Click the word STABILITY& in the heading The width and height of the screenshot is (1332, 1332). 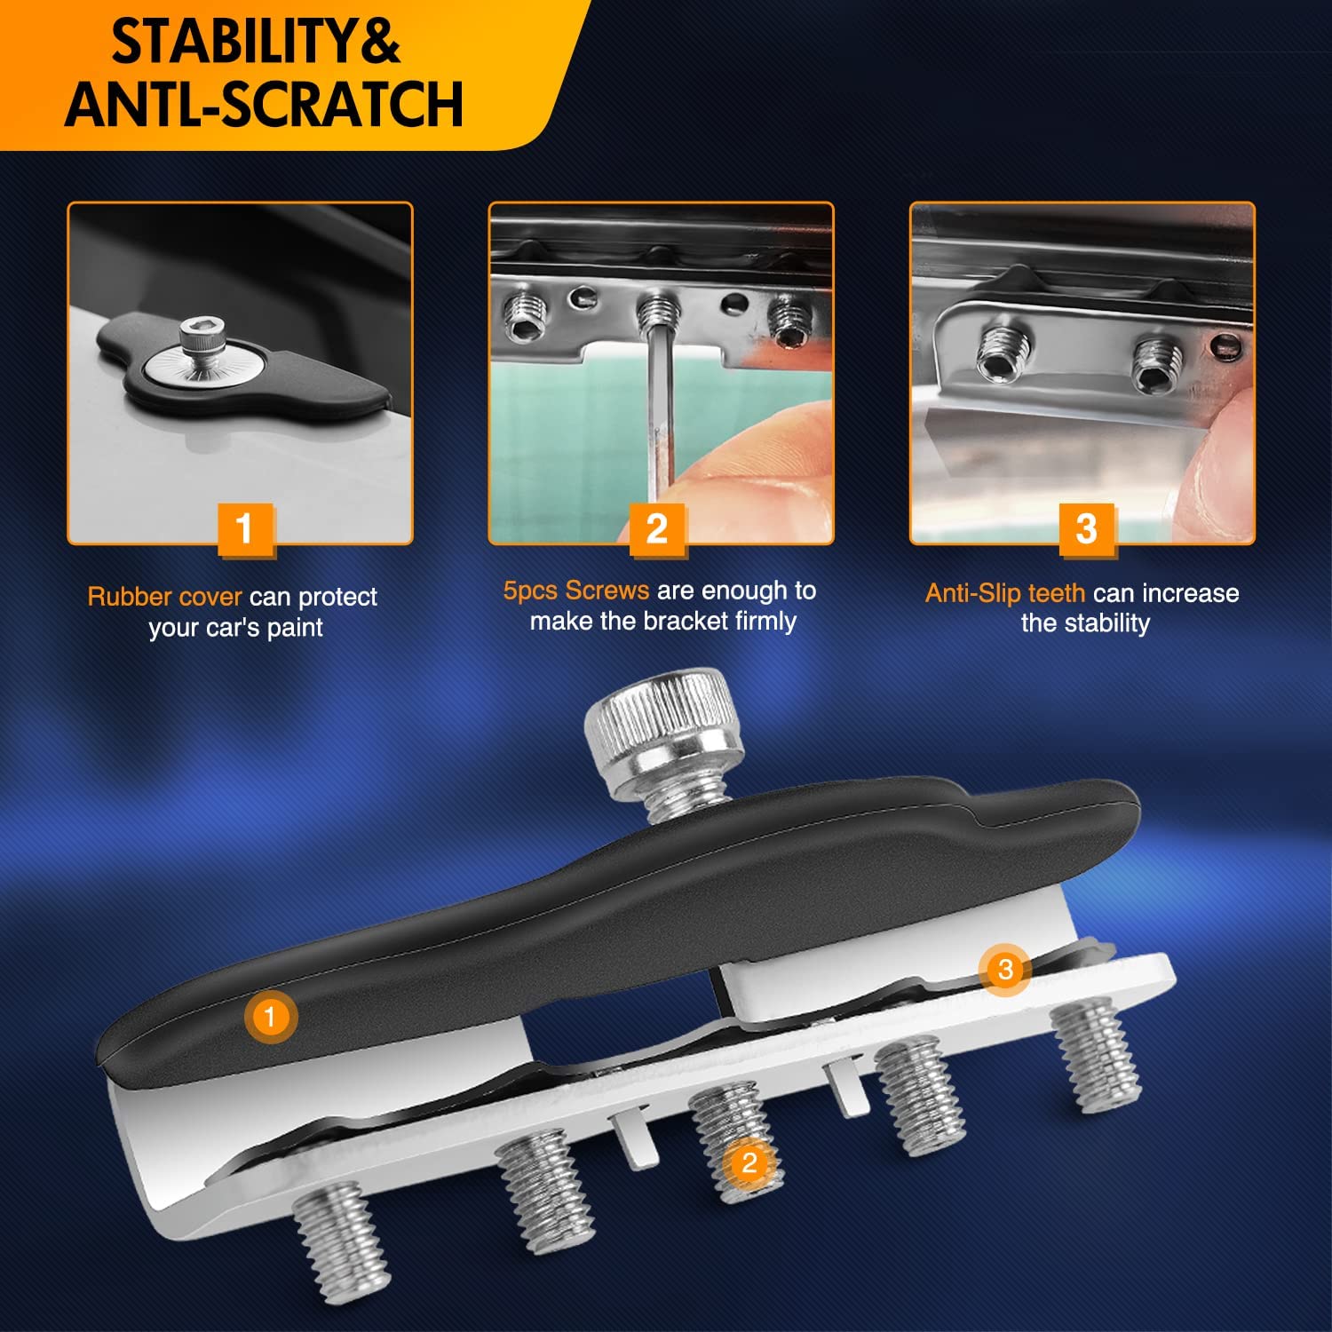pos(255,42)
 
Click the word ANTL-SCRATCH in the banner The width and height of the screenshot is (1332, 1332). pos(264,104)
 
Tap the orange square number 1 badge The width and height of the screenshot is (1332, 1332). pos(244,530)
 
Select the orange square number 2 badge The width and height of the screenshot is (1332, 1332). pos(657,530)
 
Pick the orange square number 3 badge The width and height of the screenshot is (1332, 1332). pos(1086,530)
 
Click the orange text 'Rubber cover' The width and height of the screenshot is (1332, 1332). pos(164,597)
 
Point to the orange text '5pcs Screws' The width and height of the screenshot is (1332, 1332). pos(576,591)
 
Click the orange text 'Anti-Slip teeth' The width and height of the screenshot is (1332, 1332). pos(1005,593)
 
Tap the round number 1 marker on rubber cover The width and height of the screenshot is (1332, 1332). pos(270,1016)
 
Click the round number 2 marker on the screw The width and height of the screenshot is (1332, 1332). pos(749,1162)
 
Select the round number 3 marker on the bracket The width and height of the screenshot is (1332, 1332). pos(1005,969)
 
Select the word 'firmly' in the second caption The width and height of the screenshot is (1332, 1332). pos(765,621)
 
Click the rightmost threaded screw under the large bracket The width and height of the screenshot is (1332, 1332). pos(1097,1055)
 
